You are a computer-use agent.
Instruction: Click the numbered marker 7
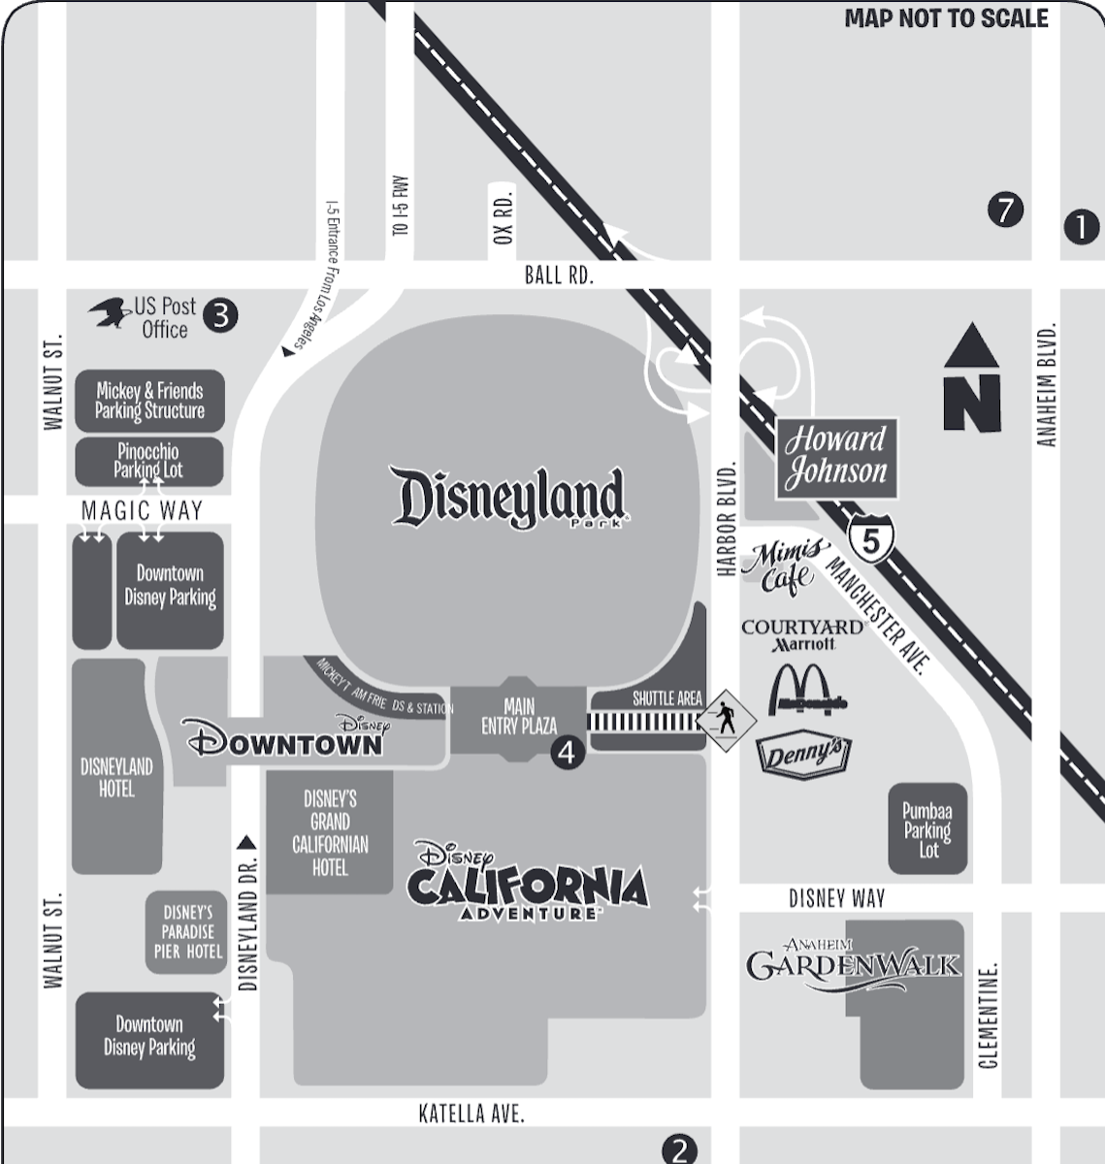(1005, 210)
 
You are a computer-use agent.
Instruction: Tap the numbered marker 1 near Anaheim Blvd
(1082, 227)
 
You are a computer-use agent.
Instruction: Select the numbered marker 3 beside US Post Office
(221, 315)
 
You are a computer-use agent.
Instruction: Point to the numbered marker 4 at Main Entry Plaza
(568, 753)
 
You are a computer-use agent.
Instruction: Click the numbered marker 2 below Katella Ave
(679, 1150)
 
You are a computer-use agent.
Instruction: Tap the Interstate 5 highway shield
(870, 540)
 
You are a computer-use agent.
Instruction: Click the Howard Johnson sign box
(835, 457)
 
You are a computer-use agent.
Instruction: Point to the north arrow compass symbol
(972, 379)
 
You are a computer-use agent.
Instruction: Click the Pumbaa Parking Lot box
(927, 829)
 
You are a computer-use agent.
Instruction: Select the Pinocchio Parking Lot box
(149, 461)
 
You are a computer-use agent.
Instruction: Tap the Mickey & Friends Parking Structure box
(149, 401)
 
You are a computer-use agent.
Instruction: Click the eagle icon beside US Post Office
(110, 313)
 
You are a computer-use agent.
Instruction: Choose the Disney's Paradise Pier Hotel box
(186, 932)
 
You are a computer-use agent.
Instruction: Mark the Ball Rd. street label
(558, 275)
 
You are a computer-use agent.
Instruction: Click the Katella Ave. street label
(471, 1113)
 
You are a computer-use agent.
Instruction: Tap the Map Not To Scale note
(946, 18)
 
